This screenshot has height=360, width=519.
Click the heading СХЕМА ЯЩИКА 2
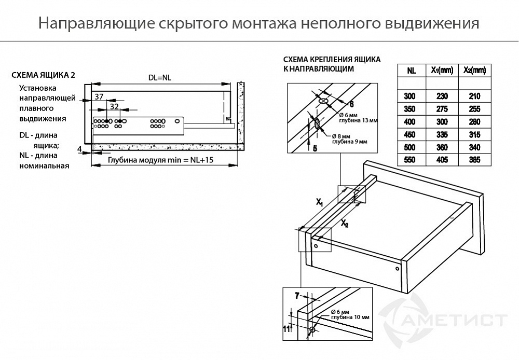click(43, 75)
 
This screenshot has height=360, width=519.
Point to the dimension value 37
click(100, 96)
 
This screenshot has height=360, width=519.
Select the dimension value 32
click(115, 106)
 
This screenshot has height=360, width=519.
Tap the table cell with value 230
click(442, 96)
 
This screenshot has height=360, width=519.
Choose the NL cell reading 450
click(411, 135)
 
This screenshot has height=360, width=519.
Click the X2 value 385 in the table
click(474, 160)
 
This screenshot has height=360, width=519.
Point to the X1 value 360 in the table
click(442, 147)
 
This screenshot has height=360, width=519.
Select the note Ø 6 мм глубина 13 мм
click(358, 117)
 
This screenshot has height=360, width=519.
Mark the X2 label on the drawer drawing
click(345, 224)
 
